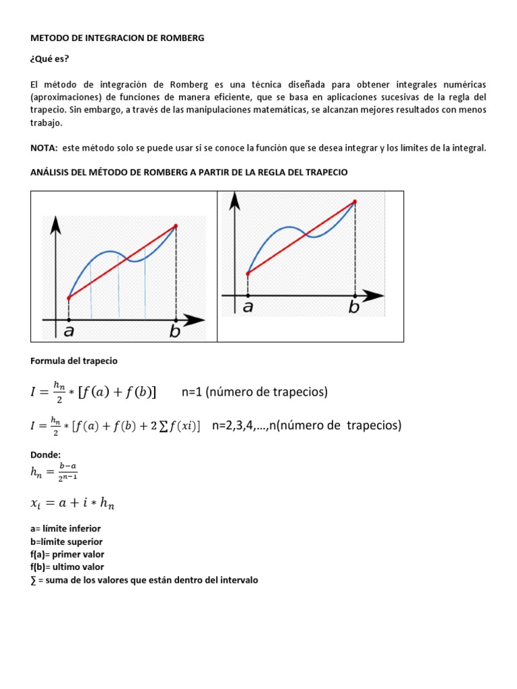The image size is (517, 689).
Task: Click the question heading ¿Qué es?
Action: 50,59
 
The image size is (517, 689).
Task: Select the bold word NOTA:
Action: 44,148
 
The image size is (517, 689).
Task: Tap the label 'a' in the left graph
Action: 69,331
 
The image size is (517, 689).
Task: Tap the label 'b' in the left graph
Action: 175,331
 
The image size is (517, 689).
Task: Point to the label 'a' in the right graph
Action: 248,307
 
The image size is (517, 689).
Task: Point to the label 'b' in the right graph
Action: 354,307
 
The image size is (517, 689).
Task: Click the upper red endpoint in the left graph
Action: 176,226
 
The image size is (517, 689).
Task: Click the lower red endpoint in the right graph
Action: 248,273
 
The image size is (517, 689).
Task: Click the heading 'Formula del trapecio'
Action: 74,361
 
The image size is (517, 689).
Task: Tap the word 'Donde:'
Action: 46,455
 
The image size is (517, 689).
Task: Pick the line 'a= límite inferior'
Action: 65,529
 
